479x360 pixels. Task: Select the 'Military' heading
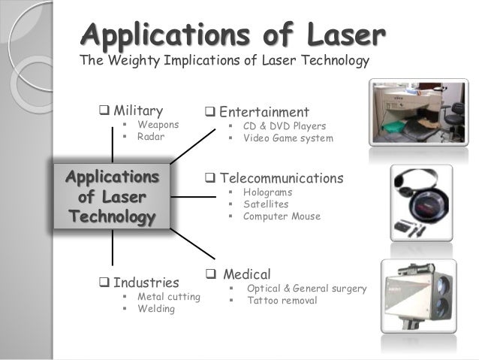(x=137, y=111)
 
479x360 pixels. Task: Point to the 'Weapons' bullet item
(x=158, y=125)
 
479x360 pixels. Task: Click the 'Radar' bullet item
(x=150, y=138)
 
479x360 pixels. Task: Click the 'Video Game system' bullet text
(x=288, y=138)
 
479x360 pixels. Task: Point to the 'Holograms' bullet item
(x=267, y=192)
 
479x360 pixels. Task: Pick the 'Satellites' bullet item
(x=266, y=204)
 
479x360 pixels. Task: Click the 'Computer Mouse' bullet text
(x=282, y=216)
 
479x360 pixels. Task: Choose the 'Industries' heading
(x=146, y=283)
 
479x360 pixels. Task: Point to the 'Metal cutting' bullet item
(x=169, y=297)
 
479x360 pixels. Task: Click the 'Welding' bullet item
(x=156, y=309)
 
